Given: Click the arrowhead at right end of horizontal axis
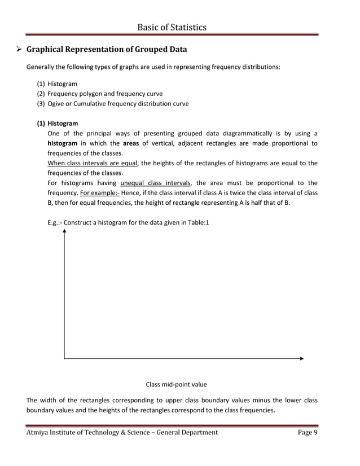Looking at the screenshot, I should (x=302, y=358).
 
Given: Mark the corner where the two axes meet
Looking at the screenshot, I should (x=64, y=358).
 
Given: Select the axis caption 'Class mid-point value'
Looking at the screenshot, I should (x=176, y=384).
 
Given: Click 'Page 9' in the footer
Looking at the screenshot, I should (x=308, y=432).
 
